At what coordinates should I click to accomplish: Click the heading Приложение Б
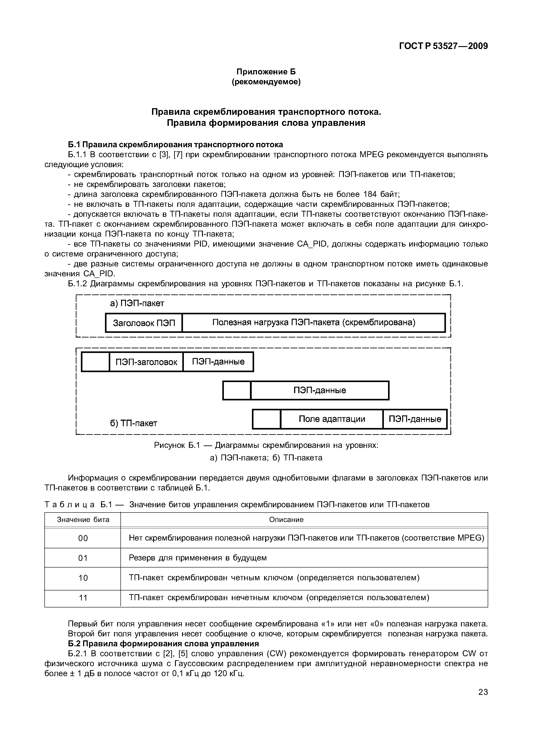pos(266,72)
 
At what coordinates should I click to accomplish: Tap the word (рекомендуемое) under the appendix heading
pos(266,82)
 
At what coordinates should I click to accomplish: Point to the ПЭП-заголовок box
pos(146,362)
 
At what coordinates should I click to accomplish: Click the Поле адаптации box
pos(332,419)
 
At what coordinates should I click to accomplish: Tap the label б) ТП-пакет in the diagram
pos(133,423)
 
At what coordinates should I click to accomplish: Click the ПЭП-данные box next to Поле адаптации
pos(415,419)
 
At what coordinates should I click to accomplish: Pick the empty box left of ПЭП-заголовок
pos(95,362)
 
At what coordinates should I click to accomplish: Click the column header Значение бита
pos(83,520)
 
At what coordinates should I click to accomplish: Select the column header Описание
pos(286,520)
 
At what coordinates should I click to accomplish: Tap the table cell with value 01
pos(83,558)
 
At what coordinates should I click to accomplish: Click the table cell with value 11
pos(83,598)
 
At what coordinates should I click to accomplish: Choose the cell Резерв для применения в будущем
pos(198,558)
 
